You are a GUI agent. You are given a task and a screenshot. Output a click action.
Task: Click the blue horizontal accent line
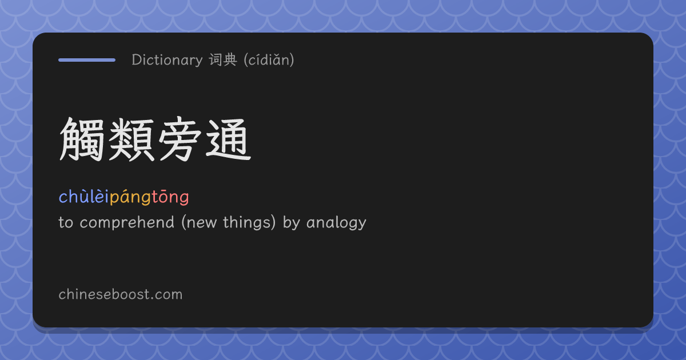87,60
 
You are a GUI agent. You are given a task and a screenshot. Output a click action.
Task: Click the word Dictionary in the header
167,60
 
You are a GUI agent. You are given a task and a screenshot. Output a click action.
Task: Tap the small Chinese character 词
216,59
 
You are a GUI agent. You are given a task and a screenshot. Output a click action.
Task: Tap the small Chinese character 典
230,59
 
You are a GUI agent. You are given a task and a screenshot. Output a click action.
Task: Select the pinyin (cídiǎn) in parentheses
269,59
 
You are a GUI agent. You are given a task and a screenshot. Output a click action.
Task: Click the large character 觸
82,139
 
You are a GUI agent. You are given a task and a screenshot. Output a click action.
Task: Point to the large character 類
131,139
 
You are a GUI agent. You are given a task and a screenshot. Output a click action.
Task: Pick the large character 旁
180,139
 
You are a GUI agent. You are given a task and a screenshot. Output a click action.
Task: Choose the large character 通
229,139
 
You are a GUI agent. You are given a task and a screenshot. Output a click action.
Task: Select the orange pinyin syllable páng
130,198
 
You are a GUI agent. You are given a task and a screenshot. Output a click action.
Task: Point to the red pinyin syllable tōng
170,198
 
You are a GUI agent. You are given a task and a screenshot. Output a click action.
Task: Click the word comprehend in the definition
127,222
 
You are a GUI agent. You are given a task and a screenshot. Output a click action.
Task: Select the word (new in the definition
200,222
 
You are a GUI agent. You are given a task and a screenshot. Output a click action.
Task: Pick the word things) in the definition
250,222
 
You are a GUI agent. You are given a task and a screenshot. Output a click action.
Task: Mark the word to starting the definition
66,222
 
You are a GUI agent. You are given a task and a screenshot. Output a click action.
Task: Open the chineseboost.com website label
121,294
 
